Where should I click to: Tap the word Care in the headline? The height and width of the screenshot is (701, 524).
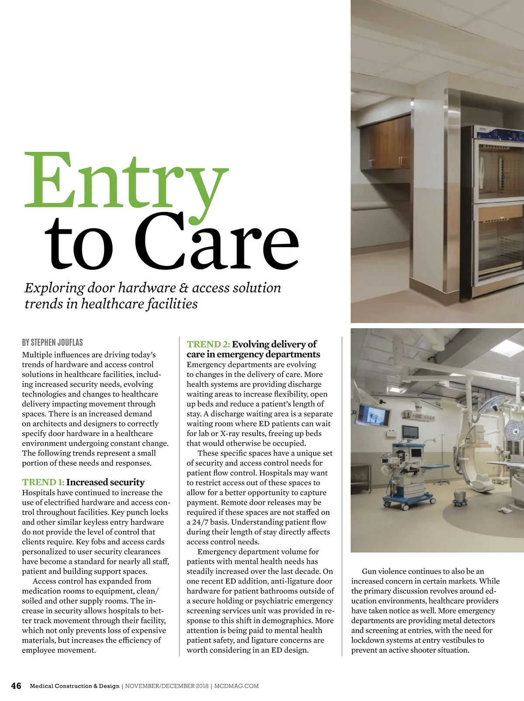[x=217, y=241]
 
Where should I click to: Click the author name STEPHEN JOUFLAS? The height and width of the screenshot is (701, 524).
[x=57, y=343]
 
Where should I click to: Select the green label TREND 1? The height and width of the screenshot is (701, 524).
[x=43, y=482]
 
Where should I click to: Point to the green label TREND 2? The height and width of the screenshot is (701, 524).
[x=208, y=344]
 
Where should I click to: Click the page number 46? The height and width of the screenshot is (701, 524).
[x=16, y=686]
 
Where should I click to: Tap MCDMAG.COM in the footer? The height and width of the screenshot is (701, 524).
[x=237, y=686]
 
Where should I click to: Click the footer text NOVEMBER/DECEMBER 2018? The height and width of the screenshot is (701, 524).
[x=167, y=686]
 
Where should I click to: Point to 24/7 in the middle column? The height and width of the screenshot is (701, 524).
[x=202, y=522]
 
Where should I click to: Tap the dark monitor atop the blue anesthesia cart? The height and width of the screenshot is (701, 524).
[x=410, y=432]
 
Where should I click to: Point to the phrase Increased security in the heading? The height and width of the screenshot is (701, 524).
[x=105, y=482]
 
